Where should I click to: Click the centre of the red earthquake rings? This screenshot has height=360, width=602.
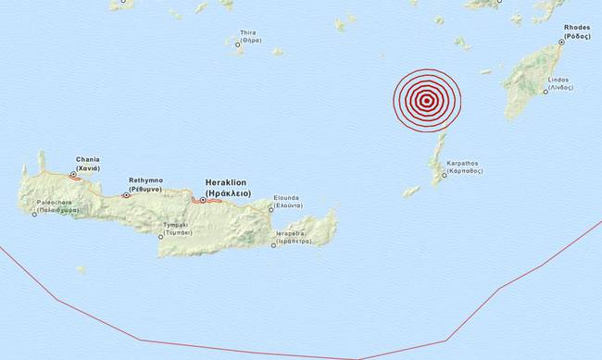425,102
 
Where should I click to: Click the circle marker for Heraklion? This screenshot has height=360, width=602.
203,200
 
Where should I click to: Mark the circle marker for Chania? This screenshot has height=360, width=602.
73,173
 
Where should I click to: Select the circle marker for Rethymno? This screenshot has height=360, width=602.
126,195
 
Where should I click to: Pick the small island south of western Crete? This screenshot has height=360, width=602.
81,269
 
